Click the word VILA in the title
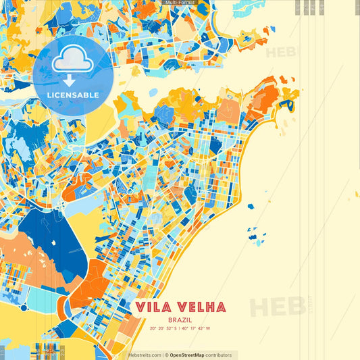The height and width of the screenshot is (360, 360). click(x=153, y=307)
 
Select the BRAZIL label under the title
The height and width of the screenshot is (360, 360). click(x=180, y=319)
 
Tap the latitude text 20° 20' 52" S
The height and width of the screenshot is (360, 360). click(x=165, y=329)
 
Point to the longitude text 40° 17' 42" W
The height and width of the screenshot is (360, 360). click(x=197, y=329)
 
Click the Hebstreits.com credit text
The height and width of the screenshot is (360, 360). click(x=145, y=355)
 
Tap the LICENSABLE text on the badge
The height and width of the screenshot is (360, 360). click(x=72, y=95)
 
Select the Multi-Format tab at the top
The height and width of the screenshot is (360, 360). click(x=180, y=3)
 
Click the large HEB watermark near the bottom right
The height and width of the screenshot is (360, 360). click(x=277, y=305)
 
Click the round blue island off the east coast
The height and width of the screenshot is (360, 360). click(x=251, y=207)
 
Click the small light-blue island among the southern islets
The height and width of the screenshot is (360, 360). click(x=255, y=238)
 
